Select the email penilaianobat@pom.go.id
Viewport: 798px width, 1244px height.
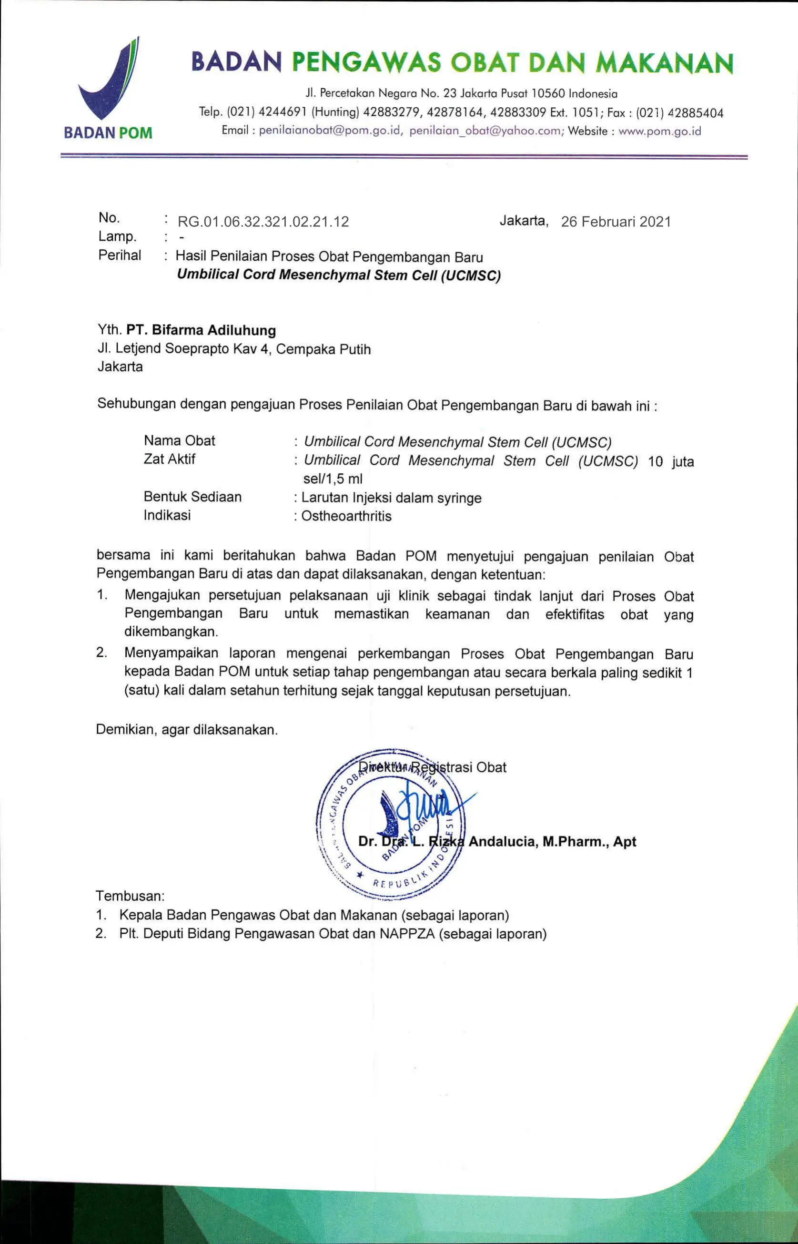330,131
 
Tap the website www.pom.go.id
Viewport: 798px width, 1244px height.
660,131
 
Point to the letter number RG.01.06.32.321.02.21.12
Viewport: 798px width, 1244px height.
263,222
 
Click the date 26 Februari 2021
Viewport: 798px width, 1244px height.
616,222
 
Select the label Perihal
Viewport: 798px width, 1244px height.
120,255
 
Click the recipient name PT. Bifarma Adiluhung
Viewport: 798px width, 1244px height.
201,330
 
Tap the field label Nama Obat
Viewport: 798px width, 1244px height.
179,440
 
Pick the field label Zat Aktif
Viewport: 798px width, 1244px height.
170,459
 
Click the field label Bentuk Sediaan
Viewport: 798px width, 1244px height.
193,497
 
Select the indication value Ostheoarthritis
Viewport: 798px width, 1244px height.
346,516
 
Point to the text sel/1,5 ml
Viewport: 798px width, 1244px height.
333,479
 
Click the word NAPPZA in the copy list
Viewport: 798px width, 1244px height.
407,934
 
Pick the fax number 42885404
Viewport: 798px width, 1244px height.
696,113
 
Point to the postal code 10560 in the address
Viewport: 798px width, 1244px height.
549,94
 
